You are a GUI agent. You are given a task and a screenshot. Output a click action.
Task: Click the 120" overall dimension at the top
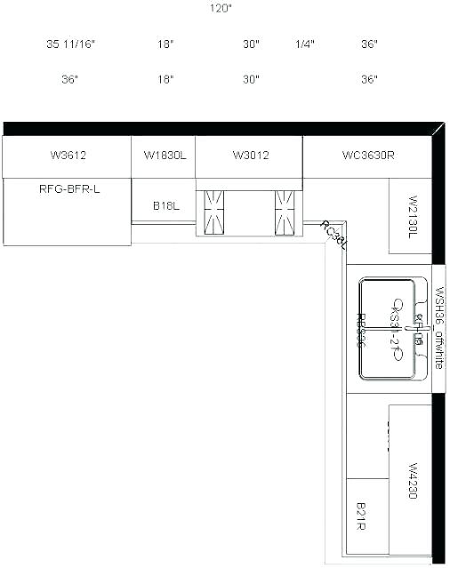point(221,9)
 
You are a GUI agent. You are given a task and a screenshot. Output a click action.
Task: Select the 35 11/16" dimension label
point(70,44)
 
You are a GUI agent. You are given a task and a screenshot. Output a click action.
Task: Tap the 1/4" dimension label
point(304,44)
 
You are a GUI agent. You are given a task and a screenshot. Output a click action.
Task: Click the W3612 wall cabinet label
point(68,156)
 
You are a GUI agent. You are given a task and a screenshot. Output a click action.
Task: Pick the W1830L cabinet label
point(165,156)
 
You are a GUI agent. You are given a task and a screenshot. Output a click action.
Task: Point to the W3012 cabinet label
point(251,156)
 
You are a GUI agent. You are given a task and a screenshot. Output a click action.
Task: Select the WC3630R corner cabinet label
point(368,156)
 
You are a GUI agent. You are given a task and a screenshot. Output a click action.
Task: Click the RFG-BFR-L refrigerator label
point(69,188)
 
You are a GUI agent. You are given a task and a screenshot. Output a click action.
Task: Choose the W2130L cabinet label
point(413,216)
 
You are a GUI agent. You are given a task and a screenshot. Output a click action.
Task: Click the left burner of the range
point(215,212)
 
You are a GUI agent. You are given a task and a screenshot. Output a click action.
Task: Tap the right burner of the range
point(285,212)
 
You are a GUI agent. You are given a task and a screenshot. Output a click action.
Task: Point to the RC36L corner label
point(333,234)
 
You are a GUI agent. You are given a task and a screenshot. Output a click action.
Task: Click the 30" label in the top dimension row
point(251,44)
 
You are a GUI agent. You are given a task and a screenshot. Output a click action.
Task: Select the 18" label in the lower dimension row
point(165,80)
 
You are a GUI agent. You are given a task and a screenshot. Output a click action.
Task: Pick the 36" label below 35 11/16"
point(70,80)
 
